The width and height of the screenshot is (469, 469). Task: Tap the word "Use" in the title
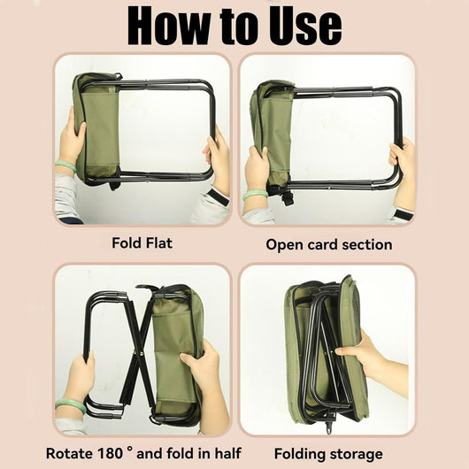click(x=304, y=26)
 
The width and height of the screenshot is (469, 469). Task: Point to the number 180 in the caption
click(x=110, y=453)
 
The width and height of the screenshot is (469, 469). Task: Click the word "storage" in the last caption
click(x=356, y=454)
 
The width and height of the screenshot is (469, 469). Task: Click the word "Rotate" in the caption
click(x=69, y=453)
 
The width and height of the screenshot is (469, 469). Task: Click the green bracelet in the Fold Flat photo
click(x=65, y=165)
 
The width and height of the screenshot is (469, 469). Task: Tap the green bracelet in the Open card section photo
click(x=255, y=195)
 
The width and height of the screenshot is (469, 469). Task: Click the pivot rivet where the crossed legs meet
click(x=140, y=354)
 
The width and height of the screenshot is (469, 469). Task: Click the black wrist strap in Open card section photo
click(x=404, y=214)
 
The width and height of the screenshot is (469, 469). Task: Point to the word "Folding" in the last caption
click(x=299, y=454)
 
